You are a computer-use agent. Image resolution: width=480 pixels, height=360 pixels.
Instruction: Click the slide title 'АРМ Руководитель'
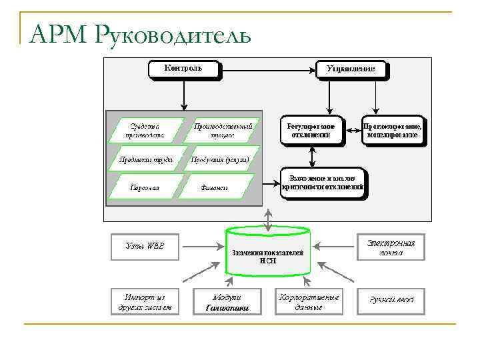point(140,33)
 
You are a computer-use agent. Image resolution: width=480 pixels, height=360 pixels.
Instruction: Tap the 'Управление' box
point(350,69)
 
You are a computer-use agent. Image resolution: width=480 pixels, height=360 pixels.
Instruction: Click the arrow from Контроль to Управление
point(267,69)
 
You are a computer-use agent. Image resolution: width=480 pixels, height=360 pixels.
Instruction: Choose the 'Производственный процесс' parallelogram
point(223,129)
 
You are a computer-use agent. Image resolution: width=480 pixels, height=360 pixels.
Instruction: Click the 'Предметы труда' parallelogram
point(145,159)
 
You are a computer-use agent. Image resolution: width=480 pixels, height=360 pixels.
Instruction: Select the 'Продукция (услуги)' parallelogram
point(221,159)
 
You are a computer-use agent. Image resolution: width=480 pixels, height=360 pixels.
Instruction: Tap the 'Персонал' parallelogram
point(145,187)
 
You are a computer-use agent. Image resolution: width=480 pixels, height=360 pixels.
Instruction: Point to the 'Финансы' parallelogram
point(215,187)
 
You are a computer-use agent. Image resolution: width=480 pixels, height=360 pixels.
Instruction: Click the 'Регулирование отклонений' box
point(310,129)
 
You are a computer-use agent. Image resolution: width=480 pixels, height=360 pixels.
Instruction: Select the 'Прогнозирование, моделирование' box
point(393,129)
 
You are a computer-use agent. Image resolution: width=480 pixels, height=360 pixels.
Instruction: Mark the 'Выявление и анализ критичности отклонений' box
point(323,183)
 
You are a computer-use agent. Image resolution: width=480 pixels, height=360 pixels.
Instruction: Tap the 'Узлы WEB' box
point(144,245)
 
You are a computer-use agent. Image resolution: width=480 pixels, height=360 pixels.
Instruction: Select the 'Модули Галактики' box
point(227,301)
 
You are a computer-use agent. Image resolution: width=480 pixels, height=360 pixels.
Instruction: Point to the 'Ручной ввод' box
point(392,301)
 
